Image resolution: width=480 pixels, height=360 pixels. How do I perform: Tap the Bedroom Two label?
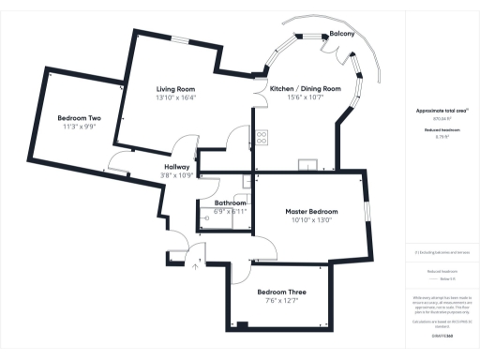coord(79,118)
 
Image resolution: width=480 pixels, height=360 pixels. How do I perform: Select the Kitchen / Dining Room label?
coord(305,89)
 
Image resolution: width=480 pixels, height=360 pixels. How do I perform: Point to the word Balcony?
coord(341,35)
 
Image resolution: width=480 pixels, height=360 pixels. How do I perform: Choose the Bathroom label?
coord(230,202)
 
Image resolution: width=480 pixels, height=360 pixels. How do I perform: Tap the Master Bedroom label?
coord(310,212)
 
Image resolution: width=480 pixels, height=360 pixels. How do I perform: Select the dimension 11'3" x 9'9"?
coord(79,127)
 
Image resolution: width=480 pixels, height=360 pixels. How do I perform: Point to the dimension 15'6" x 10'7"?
coord(305,98)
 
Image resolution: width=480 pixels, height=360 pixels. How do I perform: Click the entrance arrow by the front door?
coord(195,265)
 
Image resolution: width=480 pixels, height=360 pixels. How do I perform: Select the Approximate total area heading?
coord(435,111)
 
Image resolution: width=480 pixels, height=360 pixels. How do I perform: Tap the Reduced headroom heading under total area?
coord(435,130)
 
